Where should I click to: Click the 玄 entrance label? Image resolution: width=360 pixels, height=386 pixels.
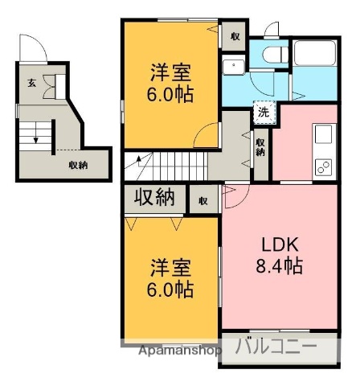point(31,82)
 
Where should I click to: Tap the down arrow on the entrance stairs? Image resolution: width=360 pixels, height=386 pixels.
point(35,138)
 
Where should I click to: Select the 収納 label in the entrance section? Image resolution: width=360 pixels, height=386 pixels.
point(78,165)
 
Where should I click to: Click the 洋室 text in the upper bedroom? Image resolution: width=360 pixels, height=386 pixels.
point(170,72)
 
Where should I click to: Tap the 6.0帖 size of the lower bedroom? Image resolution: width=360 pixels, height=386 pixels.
point(170,289)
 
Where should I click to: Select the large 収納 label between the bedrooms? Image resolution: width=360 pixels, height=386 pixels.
point(154,197)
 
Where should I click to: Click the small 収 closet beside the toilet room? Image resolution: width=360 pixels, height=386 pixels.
point(234,36)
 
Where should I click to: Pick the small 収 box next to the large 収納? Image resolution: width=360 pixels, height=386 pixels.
point(203,199)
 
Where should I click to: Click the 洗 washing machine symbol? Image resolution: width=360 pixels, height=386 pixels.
point(263,113)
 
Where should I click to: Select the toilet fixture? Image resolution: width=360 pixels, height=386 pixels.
point(271,54)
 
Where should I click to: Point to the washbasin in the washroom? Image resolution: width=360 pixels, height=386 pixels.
point(235,67)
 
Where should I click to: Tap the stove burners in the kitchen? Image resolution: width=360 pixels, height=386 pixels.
point(323,166)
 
